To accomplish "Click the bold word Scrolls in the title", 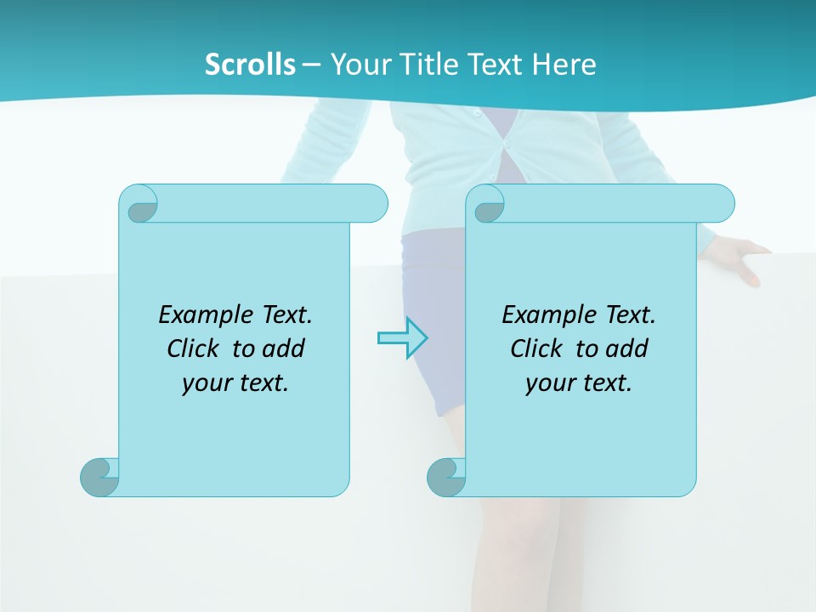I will pyautogui.click(x=250, y=64).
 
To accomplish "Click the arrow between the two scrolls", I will pyautogui.click(x=402, y=338).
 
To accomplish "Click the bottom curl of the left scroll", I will pyautogui.click(x=99, y=477).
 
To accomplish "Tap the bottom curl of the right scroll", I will pyautogui.click(x=446, y=477).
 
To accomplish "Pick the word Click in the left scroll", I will pyautogui.click(x=193, y=348).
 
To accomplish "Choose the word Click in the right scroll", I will pyautogui.click(x=536, y=348).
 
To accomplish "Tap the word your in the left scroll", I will pyautogui.click(x=204, y=383).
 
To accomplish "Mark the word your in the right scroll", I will pyautogui.click(x=547, y=383).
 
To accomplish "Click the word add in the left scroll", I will pyautogui.click(x=285, y=348).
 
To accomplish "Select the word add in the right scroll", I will pyautogui.click(x=628, y=348).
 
